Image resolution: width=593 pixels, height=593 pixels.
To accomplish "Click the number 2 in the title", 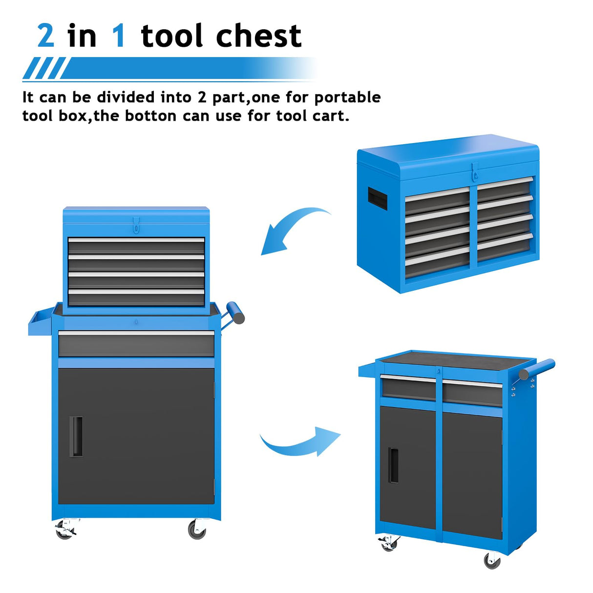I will click(x=45, y=36).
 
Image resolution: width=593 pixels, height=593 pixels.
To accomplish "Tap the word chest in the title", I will click(x=258, y=36).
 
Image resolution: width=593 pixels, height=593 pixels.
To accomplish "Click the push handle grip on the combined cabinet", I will click(x=235, y=312).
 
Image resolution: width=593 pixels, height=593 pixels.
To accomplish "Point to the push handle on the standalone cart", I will click(x=537, y=369).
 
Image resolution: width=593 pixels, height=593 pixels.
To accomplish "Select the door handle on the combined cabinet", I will click(x=76, y=436).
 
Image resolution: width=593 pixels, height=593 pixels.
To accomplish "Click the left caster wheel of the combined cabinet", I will click(x=65, y=529).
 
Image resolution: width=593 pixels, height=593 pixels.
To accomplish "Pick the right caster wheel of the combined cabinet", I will click(x=197, y=529).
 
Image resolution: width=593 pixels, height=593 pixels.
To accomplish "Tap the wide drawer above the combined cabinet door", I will click(x=136, y=343).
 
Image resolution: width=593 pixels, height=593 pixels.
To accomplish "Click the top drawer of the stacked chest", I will click(x=136, y=246).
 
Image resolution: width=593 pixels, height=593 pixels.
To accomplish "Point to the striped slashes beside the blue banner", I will click(x=44, y=68).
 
